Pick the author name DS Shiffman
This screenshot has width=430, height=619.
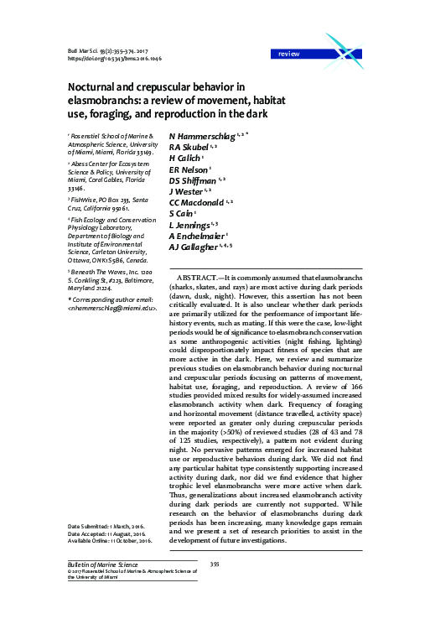[x=195, y=179]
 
